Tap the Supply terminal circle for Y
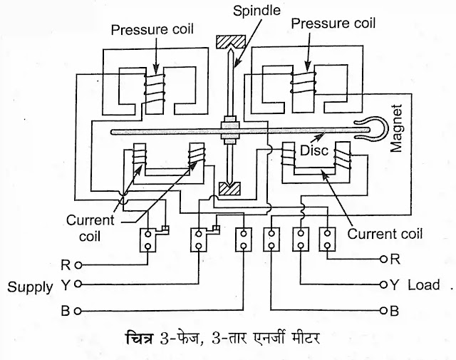click(x=78, y=285)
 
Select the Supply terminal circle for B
click(x=78, y=311)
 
